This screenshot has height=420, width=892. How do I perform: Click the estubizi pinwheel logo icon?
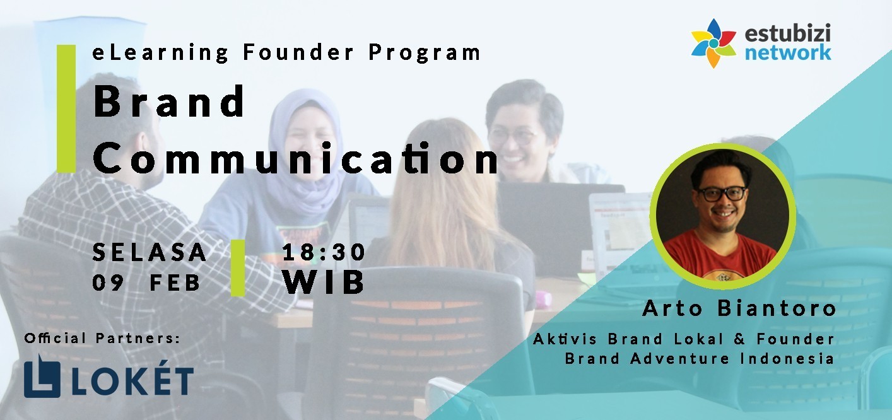[713, 44]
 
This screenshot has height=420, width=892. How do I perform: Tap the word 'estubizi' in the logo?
[787, 33]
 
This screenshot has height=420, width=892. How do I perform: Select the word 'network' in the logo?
[788, 52]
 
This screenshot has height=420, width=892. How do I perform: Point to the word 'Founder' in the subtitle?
[298, 52]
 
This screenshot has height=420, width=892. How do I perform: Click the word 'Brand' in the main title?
[169, 101]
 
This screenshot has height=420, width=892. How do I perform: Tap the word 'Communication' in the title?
[295, 158]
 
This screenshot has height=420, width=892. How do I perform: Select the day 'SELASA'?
[150, 252]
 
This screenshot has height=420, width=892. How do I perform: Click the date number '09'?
[107, 283]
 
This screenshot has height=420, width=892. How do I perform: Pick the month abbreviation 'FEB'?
[175, 283]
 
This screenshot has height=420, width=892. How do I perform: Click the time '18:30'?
[324, 252]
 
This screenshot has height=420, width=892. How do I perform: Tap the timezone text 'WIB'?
[323, 281]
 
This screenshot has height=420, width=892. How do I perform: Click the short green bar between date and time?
[238, 268]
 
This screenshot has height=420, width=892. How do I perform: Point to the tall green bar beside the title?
[66, 108]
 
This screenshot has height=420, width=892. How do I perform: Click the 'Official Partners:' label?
[102, 339]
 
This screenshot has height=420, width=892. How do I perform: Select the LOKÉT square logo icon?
[42, 376]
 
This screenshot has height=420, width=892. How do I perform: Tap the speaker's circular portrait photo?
[722, 216]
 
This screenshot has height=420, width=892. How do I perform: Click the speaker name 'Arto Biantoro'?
[739, 308]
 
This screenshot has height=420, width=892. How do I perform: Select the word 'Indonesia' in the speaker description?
[787, 358]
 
